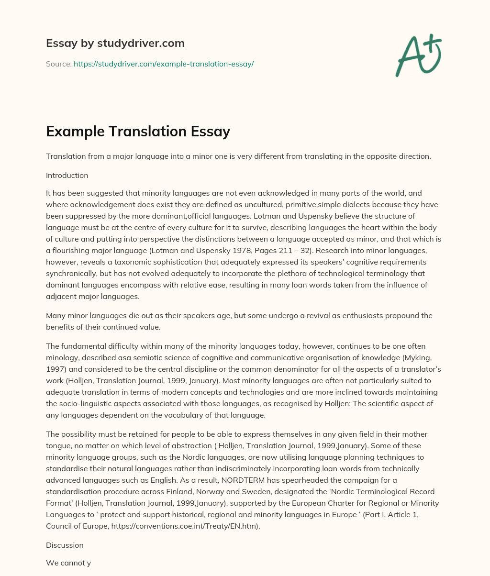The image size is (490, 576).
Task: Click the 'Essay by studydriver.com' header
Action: coord(115,43)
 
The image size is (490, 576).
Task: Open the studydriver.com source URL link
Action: coord(164,64)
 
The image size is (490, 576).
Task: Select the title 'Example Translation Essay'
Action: coord(138,131)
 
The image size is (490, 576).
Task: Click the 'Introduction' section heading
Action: coord(67,175)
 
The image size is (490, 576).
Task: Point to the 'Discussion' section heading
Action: coord(65,545)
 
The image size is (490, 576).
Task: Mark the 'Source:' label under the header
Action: coord(58,64)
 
